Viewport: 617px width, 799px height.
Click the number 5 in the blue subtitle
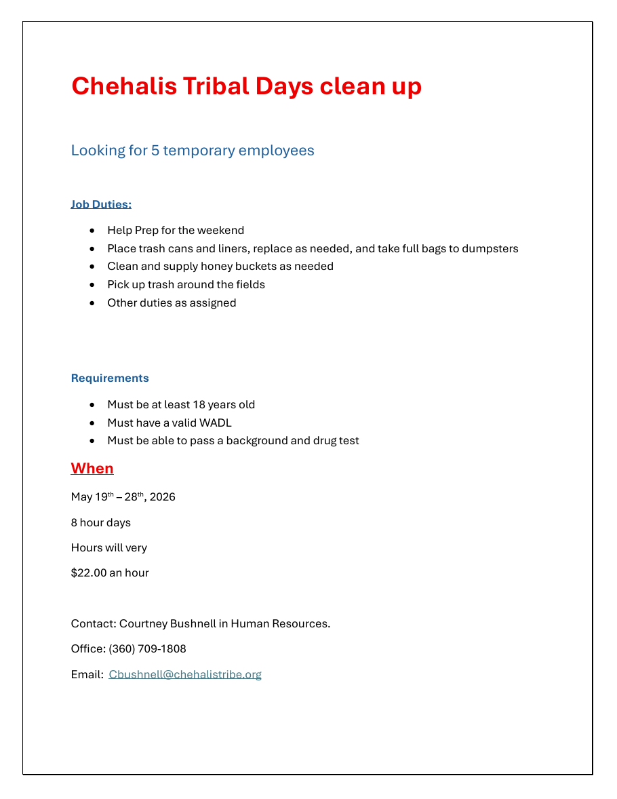(x=155, y=150)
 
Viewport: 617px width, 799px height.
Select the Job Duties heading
(x=101, y=204)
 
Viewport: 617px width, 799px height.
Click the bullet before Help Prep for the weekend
(x=92, y=231)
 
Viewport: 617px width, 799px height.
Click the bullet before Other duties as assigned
(x=92, y=303)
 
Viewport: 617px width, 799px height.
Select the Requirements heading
(x=110, y=378)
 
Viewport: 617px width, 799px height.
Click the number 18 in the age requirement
(x=199, y=404)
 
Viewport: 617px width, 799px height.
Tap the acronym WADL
(x=216, y=423)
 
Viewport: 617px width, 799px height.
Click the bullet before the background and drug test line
(x=92, y=441)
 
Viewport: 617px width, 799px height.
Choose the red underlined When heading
(x=92, y=468)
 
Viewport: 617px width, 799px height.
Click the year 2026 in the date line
(x=163, y=497)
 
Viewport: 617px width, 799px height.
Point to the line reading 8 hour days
(x=101, y=522)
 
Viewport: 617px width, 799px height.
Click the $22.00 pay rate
(x=89, y=572)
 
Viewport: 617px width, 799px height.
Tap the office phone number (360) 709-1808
(x=147, y=648)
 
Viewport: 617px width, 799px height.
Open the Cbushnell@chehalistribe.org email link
(x=185, y=674)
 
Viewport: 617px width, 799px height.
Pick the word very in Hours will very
(x=136, y=547)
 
